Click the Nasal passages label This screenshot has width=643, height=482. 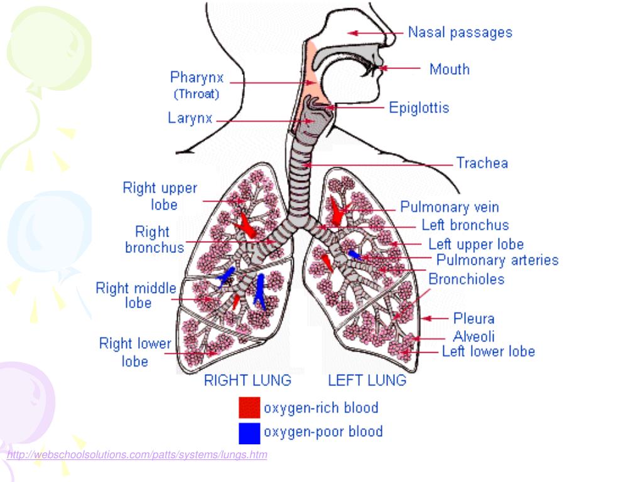[x=460, y=32]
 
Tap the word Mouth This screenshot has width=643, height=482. [x=449, y=69]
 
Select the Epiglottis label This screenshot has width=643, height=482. [x=419, y=108]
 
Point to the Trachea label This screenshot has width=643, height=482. [x=482, y=163]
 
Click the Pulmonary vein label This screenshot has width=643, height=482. [x=450, y=206]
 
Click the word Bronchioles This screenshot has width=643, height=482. [x=466, y=279]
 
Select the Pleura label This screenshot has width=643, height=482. [x=473, y=319]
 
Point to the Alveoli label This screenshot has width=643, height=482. [x=474, y=336]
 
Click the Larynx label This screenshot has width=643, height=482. [x=190, y=118]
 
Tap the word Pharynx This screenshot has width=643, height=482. [x=197, y=78]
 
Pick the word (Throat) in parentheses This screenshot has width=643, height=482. [x=197, y=95]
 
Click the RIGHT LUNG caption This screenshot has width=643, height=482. [x=247, y=380]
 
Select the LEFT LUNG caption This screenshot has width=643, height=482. [x=367, y=380]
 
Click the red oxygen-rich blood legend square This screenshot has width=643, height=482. [x=249, y=408]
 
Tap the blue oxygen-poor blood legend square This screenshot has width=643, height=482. [x=249, y=432]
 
